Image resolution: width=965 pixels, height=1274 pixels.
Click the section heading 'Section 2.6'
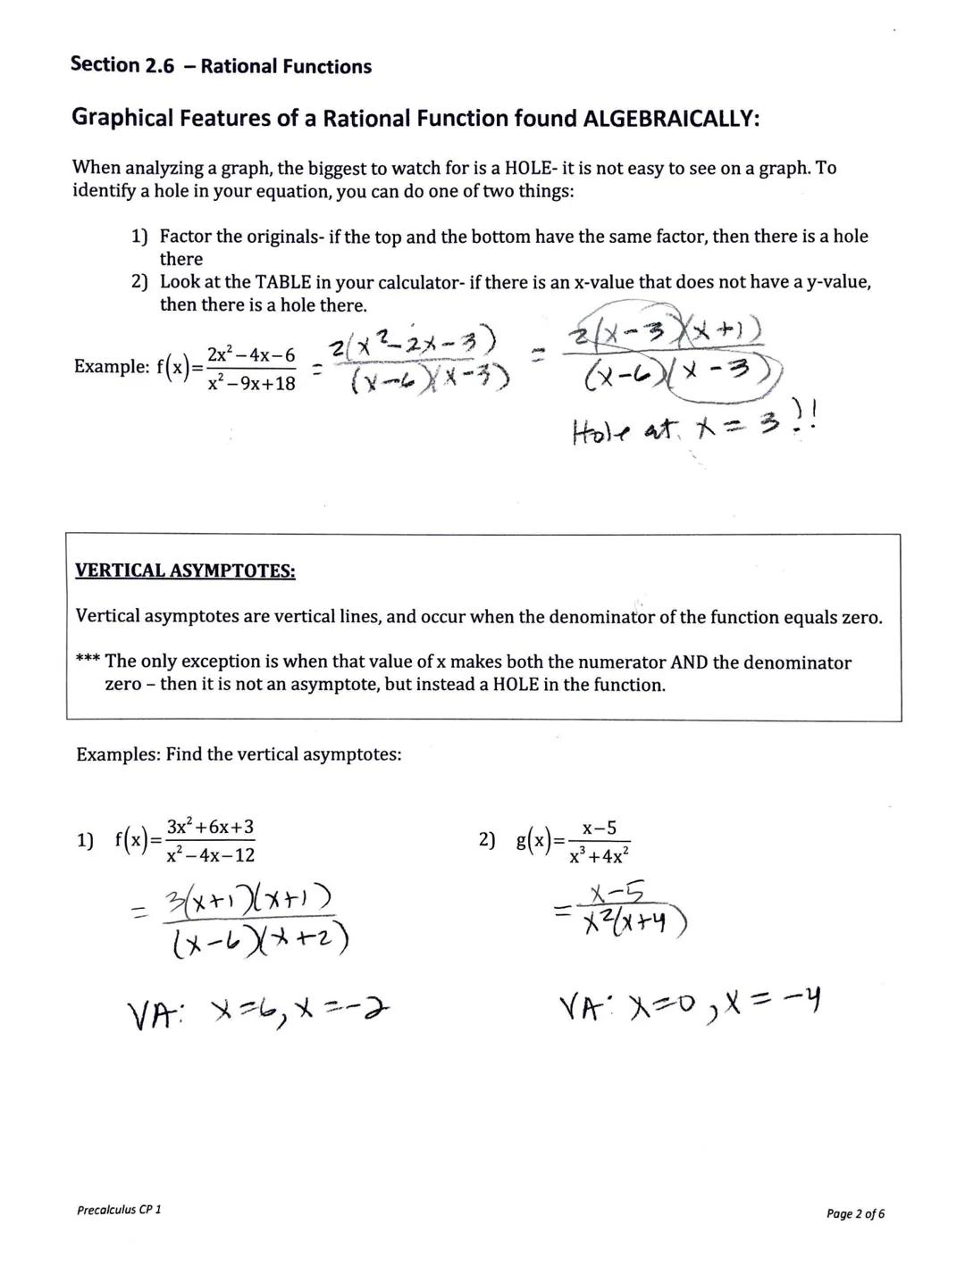pos(122,65)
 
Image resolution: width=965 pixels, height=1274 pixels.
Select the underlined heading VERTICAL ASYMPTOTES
pos(185,570)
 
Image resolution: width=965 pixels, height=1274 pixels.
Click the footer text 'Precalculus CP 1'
pos(119,1210)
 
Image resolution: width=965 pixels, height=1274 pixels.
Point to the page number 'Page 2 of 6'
pos(855,1213)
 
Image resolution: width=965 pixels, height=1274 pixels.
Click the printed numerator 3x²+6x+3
pos(210,827)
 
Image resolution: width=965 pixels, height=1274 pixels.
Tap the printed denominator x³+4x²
pos(600,855)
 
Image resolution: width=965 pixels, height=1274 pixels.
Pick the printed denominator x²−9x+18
pos(251,384)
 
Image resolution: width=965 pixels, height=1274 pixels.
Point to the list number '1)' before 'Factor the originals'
pos(139,237)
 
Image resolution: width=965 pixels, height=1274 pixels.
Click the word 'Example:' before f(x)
pos(111,367)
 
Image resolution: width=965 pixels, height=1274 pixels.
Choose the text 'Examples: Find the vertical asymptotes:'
pos(239,754)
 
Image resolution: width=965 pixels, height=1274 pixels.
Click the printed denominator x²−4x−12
pos(210,855)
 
